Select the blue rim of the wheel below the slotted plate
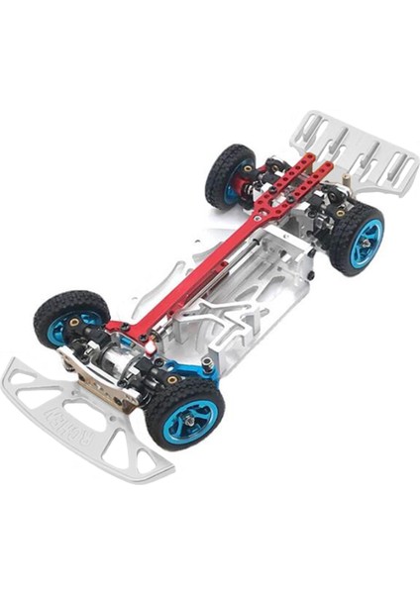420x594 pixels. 365,238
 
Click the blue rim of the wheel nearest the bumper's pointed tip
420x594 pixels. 63,327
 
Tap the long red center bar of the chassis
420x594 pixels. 198,267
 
